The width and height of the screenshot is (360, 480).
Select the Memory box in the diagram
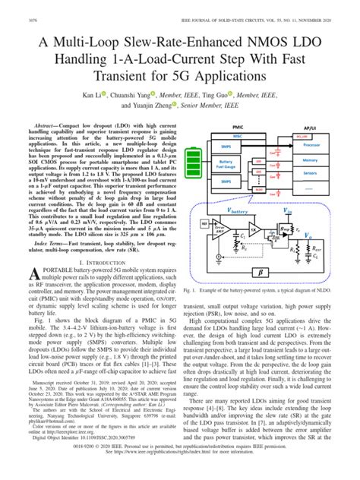tap(332, 160)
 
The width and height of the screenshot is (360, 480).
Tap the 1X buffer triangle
tap(251, 229)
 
